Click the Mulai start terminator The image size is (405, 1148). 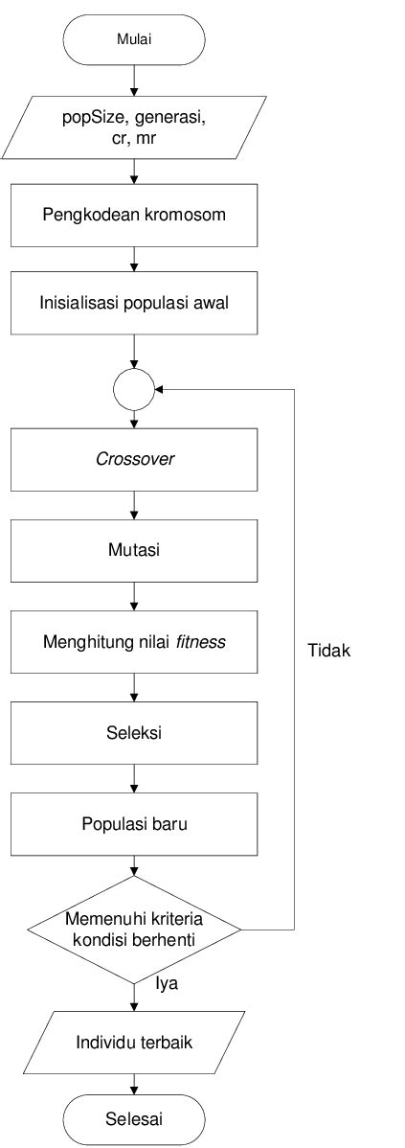tap(134, 39)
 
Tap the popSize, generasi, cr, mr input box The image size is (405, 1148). tap(134, 127)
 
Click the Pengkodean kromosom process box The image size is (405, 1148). tap(134, 215)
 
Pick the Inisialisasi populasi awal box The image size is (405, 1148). tap(134, 303)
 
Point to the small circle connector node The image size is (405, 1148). tap(134, 390)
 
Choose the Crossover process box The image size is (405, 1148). tap(134, 459)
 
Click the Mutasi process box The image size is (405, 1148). tap(134, 550)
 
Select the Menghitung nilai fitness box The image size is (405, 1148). tap(134, 641)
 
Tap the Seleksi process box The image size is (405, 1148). tap(134, 733)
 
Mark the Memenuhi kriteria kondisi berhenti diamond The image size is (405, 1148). tap(134, 930)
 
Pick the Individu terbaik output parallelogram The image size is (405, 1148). tap(134, 1041)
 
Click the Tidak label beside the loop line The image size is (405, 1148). tap(329, 652)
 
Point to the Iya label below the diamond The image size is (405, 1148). tap(167, 984)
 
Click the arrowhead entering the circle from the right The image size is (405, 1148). tap(160, 390)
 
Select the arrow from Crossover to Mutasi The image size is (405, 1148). tap(134, 505)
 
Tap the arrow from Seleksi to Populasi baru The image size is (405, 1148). tap(134, 778)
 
